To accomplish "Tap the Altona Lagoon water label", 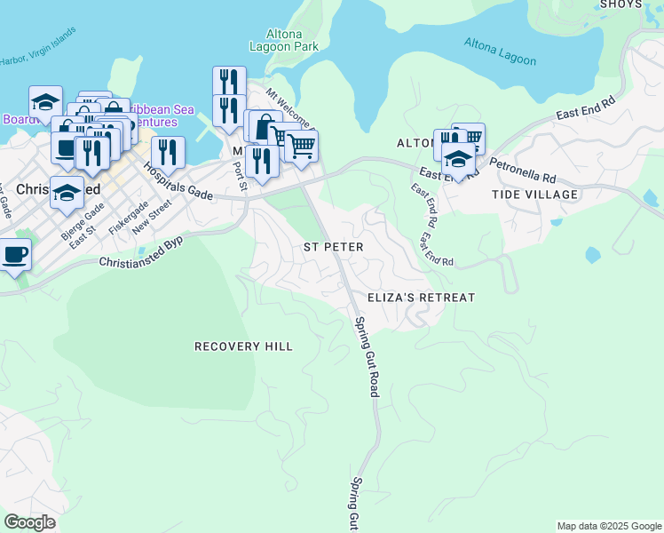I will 501,52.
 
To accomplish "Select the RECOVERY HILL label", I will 243,346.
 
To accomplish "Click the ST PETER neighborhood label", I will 334,246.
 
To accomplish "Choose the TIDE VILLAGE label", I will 535,194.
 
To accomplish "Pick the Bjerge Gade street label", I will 82,221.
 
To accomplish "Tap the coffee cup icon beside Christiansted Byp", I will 14,255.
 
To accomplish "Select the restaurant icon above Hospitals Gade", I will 168,153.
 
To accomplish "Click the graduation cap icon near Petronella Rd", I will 458,160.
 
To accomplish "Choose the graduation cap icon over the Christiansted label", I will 67,193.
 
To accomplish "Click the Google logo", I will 30,522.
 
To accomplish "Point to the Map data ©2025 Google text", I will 608,526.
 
